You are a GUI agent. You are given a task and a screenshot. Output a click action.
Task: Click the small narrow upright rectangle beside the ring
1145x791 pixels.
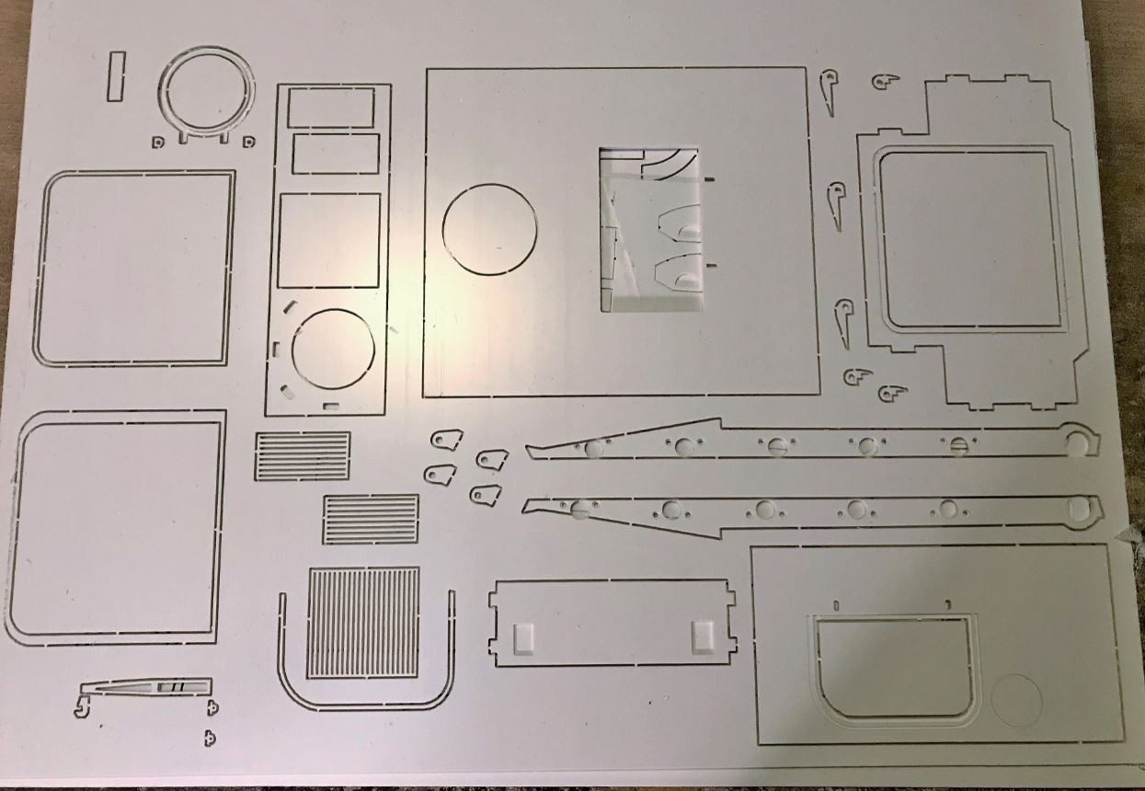115,76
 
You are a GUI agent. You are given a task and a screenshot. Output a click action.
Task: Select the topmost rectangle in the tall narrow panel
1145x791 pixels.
330,108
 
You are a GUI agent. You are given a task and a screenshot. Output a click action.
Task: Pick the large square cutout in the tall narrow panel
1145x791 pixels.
329,240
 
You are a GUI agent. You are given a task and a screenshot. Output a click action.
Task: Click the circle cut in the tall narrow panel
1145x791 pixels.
333,349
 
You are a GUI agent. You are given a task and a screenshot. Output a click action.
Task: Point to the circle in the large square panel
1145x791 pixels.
489,227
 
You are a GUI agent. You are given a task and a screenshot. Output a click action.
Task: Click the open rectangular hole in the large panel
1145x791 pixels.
648,228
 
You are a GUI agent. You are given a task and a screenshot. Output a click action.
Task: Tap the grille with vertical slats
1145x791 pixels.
363,622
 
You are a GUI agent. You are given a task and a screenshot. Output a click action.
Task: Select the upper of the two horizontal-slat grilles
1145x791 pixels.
303,456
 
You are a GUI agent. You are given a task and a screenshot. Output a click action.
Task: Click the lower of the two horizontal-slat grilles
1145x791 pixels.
371,519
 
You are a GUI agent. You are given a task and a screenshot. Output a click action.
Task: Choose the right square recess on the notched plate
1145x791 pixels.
702,633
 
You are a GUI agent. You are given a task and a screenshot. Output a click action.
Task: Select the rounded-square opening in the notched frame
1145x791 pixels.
966,239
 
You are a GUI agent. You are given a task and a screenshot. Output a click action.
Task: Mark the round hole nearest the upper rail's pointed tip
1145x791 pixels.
594,449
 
